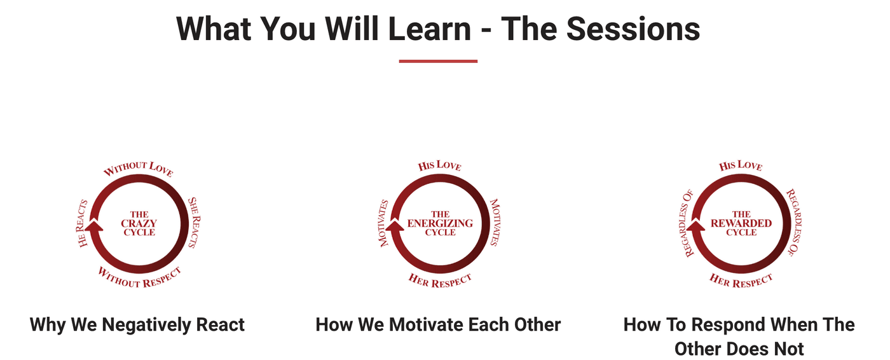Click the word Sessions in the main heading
point(633,29)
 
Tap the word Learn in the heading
point(430,29)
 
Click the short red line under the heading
point(438,61)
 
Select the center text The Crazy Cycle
point(139,223)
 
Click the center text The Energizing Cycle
point(440,223)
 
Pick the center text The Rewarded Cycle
point(741,223)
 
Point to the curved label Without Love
point(139,169)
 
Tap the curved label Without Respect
point(139,277)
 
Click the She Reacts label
point(194,223)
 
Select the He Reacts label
point(83,223)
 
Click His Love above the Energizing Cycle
point(439,165)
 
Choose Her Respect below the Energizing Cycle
point(440,280)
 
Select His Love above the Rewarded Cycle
point(741,165)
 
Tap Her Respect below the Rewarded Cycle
point(741,280)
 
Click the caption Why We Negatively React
point(137,324)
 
